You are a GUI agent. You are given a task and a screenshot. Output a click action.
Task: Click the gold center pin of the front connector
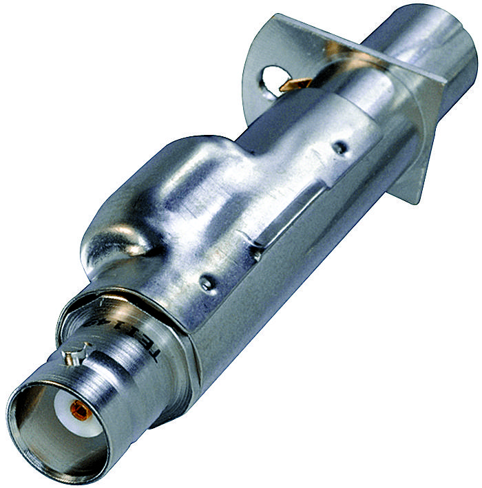point(81,412)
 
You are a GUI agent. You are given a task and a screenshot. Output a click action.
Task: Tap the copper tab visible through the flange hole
point(293,84)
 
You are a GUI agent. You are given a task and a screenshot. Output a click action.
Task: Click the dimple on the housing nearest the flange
point(339,146)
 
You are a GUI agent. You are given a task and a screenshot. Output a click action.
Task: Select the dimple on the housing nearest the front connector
point(206,281)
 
